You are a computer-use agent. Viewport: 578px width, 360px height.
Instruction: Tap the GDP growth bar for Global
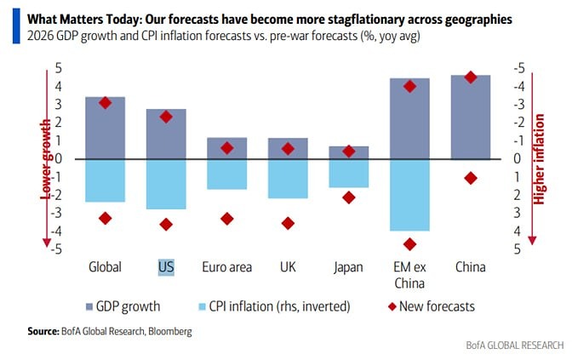point(106,128)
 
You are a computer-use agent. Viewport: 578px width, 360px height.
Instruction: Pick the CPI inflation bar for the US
point(166,183)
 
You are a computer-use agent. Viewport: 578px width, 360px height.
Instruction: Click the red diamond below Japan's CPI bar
point(348,197)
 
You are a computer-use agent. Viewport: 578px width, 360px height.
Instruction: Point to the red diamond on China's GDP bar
point(470,77)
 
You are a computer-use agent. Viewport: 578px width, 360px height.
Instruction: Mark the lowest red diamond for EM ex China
point(409,244)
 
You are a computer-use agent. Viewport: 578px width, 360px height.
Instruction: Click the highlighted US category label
point(166,266)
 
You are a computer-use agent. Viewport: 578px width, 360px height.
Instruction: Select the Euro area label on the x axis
point(226,266)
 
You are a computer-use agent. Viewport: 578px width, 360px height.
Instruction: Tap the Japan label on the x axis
point(348,266)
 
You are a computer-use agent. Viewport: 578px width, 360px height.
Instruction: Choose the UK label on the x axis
point(288,266)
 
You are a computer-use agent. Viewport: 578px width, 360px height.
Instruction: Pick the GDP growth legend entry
point(124,306)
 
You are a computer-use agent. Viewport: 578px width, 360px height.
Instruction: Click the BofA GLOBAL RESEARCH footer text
point(514,346)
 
